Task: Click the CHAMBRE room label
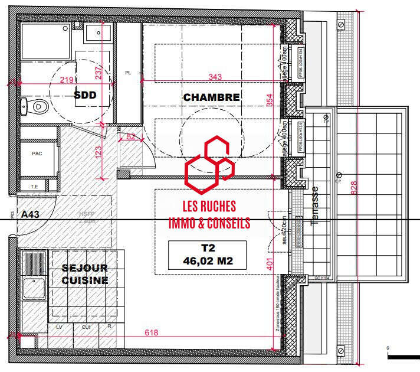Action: pos(211,97)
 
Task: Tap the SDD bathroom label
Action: pos(85,94)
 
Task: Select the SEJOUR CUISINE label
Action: pos(85,274)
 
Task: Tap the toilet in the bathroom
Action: pos(37,107)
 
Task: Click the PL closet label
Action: pos(127,73)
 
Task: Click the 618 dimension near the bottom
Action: pos(152,333)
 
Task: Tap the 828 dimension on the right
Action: pos(353,187)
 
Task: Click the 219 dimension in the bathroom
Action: pos(67,80)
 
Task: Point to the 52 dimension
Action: pos(130,137)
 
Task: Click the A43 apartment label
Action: pos(29,214)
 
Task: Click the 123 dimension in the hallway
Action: pos(99,151)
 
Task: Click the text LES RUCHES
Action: pos(209,207)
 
